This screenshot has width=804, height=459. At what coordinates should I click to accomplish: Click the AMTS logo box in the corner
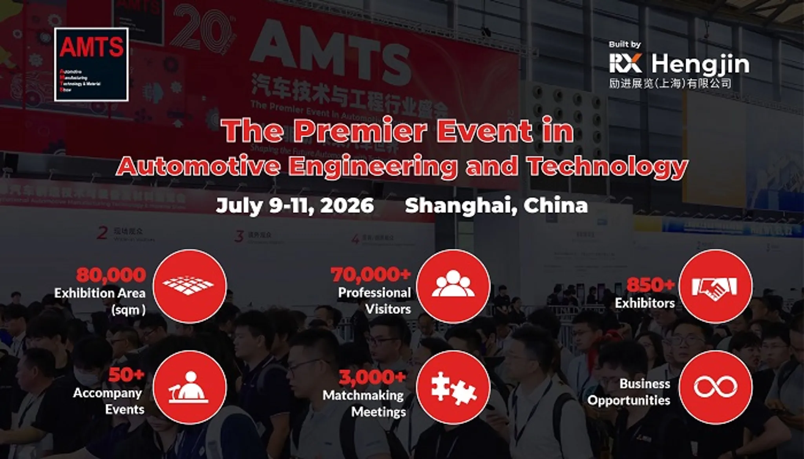pos(91,64)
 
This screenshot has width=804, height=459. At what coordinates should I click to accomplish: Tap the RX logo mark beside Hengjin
pos(625,63)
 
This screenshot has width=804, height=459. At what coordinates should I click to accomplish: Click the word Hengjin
pos(700,64)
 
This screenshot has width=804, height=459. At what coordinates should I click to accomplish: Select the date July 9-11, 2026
pos(295,205)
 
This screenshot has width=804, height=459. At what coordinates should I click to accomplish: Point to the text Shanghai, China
pos(496,205)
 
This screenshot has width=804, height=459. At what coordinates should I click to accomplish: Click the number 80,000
pos(111,275)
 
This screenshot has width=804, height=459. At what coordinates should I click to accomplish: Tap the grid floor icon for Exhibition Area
pos(190,286)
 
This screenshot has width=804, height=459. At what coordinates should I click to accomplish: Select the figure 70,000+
pos(371,275)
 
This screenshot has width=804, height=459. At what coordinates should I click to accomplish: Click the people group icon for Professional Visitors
pos(453,286)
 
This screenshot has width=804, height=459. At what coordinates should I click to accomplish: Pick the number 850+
pos(651,285)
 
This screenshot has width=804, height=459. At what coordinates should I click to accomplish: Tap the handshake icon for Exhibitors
pos(715,286)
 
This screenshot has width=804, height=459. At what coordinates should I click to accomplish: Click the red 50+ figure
pos(126,375)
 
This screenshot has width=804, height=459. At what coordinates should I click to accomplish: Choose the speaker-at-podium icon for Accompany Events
pos(190,387)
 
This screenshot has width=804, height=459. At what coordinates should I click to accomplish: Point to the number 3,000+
pos(372,377)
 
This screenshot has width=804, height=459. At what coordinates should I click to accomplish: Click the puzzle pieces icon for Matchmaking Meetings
pos(453,387)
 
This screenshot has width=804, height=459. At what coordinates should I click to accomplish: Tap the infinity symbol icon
pos(715,387)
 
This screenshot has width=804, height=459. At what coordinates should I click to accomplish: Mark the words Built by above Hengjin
pos(625,44)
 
